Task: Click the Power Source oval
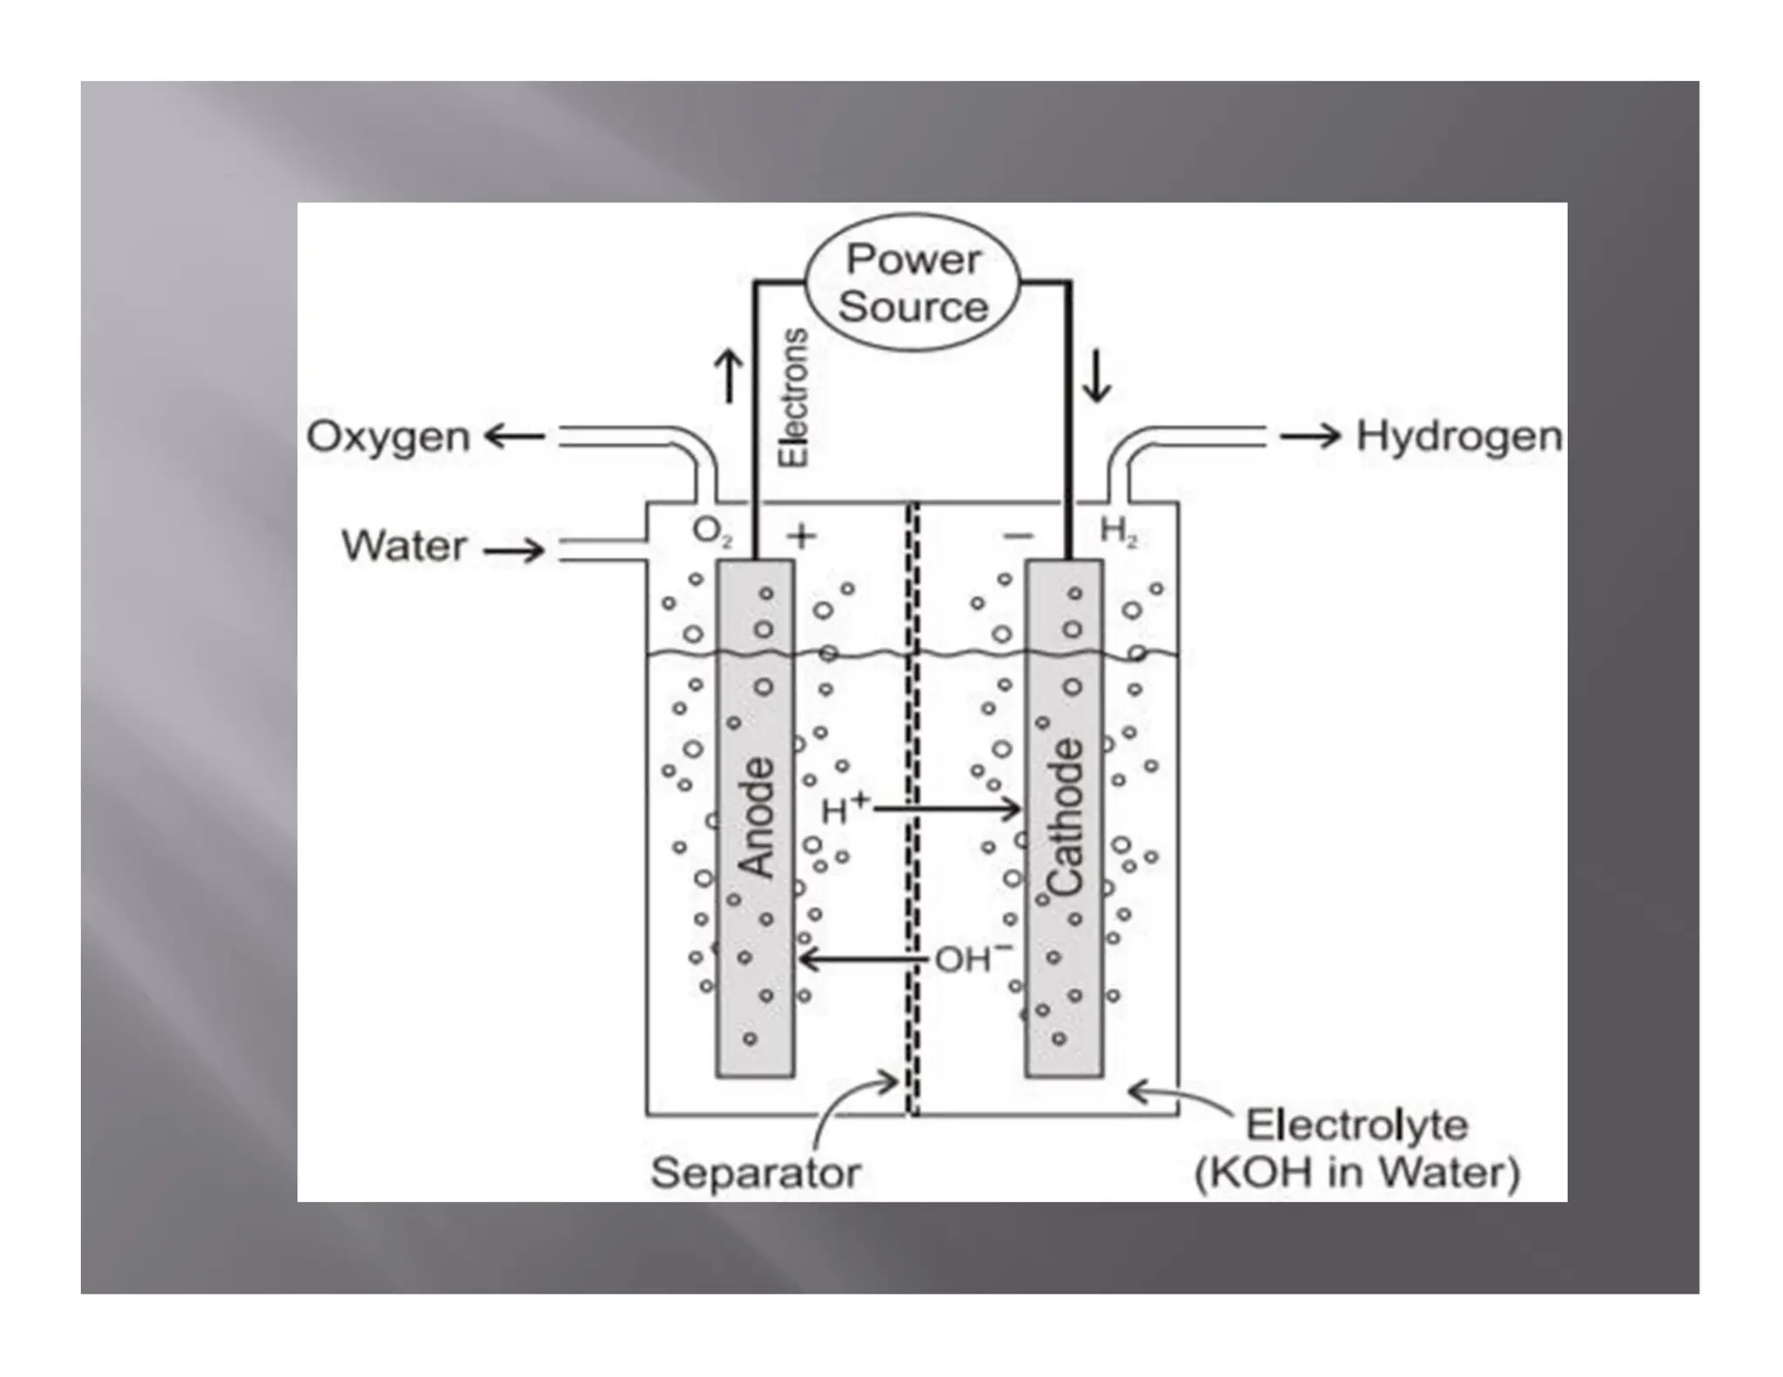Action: [x=912, y=282]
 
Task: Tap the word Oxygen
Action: [x=388, y=436]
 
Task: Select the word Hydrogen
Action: [x=1459, y=436]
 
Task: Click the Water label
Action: [x=405, y=547]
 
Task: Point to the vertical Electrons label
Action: [x=793, y=398]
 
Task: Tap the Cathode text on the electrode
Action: [x=1065, y=817]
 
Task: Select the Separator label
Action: [x=756, y=1172]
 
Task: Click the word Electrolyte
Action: [x=1357, y=1125]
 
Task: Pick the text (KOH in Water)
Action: [x=1357, y=1172]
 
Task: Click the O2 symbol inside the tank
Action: [x=711, y=532]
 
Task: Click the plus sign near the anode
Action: [x=801, y=535]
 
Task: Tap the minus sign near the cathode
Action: [x=1018, y=535]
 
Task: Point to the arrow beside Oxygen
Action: [x=515, y=436]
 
